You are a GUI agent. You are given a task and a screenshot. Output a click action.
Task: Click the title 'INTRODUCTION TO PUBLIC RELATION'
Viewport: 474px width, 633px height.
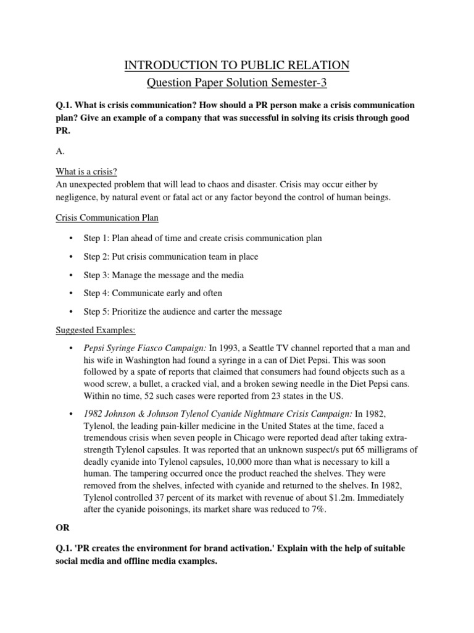click(x=237, y=65)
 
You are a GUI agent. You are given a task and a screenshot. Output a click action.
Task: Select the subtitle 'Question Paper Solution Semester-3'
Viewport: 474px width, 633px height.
click(x=237, y=83)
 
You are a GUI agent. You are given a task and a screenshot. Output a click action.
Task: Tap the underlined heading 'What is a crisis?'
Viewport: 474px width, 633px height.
click(x=86, y=171)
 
